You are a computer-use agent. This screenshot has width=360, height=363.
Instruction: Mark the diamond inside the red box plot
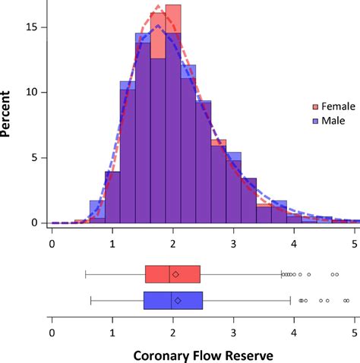click(x=175, y=274)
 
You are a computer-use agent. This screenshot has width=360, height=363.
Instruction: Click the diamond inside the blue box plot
click(x=178, y=301)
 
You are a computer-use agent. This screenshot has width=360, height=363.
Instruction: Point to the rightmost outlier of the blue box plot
click(x=347, y=301)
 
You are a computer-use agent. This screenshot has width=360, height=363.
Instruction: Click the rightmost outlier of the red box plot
click(x=336, y=274)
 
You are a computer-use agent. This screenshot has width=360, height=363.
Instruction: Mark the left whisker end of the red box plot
click(x=85, y=274)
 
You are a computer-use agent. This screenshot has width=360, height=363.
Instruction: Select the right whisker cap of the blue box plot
click(x=290, y=301)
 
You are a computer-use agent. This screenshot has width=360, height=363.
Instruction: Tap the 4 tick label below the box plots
click(x=295, y=332)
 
